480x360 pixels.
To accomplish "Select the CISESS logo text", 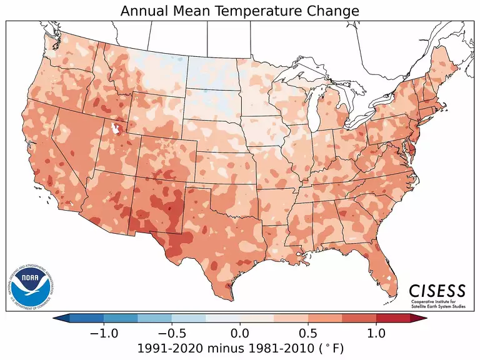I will [437, 291].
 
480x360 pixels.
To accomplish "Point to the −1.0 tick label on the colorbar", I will [104, 333].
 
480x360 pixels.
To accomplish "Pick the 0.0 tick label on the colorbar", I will [240, 333].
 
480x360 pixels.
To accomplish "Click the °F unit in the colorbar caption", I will [332, 347].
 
